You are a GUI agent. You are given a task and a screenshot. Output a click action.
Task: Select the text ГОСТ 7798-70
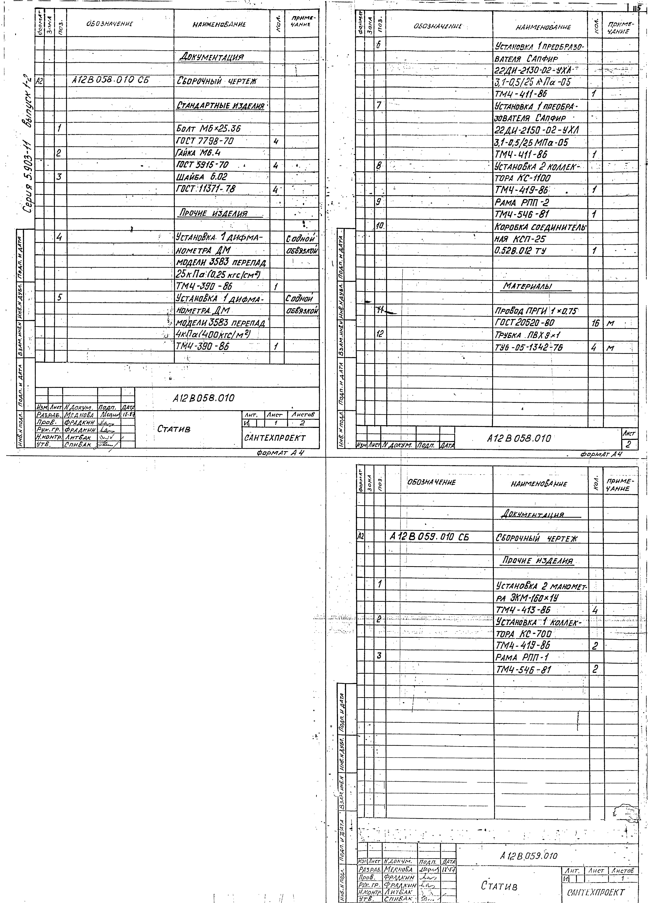(x=205, y=141)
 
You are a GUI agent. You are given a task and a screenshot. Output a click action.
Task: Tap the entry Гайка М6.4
(x=198, y=153)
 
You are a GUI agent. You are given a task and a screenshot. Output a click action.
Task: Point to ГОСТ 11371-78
(x=206, y=189)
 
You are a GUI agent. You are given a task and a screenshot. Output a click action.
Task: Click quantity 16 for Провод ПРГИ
(x=595, y=323)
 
